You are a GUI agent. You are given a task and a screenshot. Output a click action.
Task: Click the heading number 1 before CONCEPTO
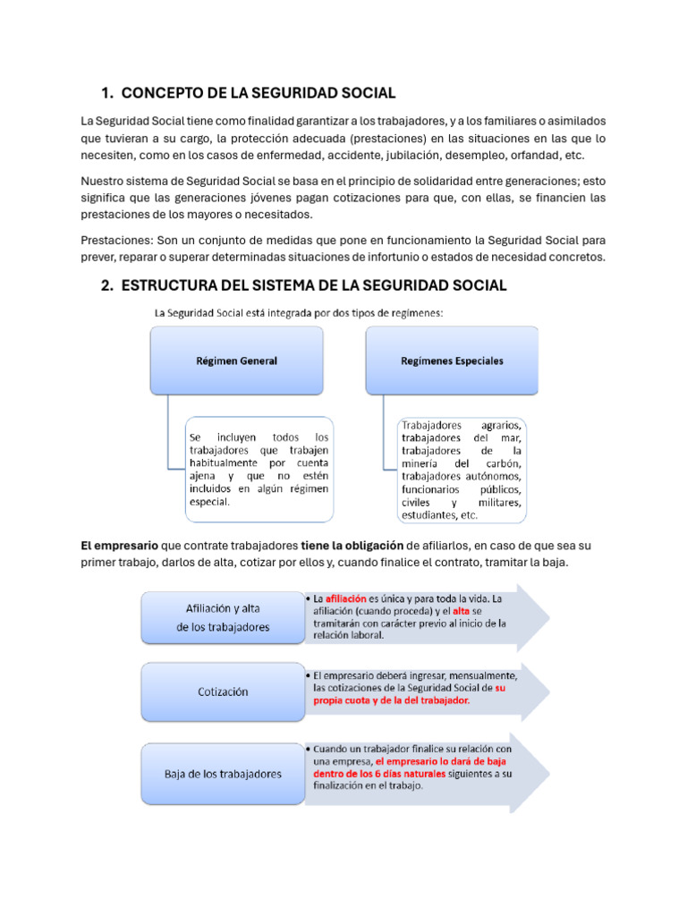[106, 93]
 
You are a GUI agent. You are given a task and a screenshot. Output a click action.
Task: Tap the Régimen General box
[236, 361]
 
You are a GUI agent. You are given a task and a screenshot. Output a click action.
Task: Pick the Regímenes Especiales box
[452, 361]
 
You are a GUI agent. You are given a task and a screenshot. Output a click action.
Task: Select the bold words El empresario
[120, 545]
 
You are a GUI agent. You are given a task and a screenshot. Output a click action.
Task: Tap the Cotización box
[223, 691]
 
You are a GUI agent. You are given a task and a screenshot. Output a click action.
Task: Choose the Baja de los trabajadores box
[223, 773]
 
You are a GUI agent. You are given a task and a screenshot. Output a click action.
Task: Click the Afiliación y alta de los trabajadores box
[223, 617]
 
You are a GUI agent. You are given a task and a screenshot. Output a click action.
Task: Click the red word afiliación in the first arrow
[347, 598]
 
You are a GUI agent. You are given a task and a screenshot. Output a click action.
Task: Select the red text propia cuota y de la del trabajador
[391, 701]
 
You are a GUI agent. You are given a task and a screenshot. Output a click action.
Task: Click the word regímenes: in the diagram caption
[413, 313]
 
